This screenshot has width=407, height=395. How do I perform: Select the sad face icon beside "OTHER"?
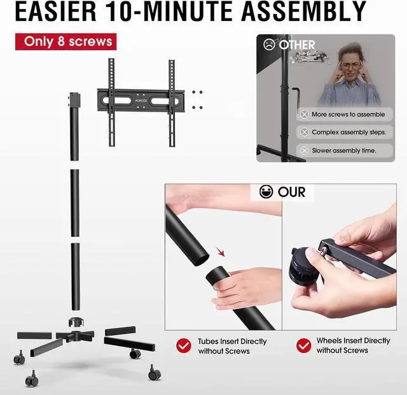pyautogui.click(x=269, y=45)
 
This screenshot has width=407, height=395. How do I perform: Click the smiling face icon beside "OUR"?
pyautogui.click(x=267, y=192)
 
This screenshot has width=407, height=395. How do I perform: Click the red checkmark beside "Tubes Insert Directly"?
pyautogui.click(x=184, y=345)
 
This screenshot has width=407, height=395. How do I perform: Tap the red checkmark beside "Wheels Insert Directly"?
pyautogui.click(x=304, y=345)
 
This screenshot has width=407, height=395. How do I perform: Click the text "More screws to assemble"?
pyautogui.click(x=348, y=114)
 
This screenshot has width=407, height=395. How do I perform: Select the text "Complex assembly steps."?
pyautogui.click(x=348, y=133)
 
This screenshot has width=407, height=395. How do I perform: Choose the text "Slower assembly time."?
pyautogui.click(x=343, y=150)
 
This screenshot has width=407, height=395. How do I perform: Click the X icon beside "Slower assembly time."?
pyautogui.click(x=304, y=150)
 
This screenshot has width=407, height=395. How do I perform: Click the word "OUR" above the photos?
pyautogui.click(x=291, y=192)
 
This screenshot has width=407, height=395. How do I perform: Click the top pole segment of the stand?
pyautogui.click(x=74, y=127)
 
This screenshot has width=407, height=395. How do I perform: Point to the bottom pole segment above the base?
pyautogui.click(x=75, y=274)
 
